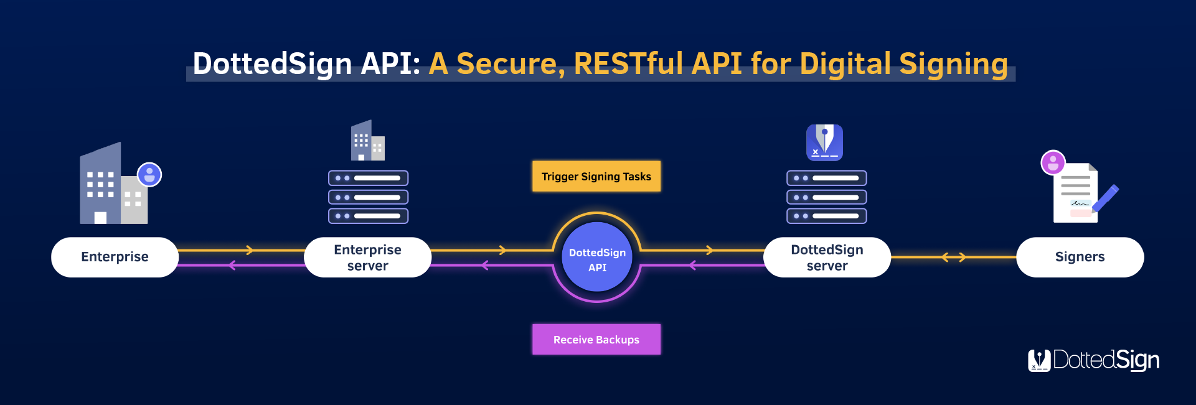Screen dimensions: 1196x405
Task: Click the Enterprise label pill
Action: (115, 257)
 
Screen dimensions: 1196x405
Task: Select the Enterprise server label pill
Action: (367, 257)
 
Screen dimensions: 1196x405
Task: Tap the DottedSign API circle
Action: (597, 258)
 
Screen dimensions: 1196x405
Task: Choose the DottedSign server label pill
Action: (827, 257)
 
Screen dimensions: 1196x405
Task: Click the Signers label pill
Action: (1080, 257)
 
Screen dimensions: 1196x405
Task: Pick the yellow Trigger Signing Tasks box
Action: (596, 177)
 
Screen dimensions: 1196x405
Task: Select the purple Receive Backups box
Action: (596, 340)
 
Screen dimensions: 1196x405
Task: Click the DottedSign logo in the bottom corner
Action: (1093, 360)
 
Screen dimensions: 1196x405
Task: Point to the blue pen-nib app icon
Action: (824, 142)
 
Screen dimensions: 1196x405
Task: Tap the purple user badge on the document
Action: (1053, 163)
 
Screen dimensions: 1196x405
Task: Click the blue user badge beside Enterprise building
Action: (149, 175)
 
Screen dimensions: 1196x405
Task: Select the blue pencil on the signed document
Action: (1105, 199)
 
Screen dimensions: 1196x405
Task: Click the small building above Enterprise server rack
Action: (368, 140)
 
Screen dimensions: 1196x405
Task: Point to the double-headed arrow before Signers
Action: (953, 257)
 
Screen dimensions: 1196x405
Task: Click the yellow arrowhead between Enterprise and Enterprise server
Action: (250, 250)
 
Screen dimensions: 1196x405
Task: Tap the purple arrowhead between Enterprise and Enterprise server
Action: (232, 266)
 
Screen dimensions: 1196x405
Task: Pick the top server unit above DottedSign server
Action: (827, 178)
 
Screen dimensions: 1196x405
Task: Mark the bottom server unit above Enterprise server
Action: (369, 216)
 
